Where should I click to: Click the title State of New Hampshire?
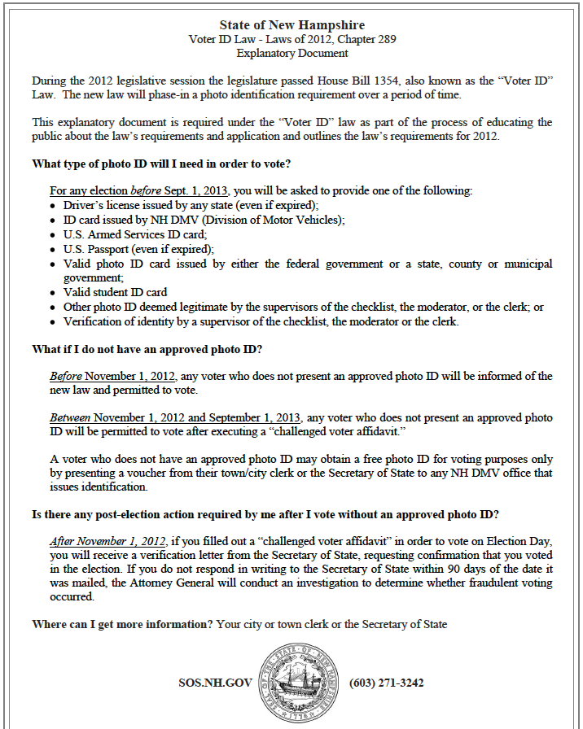tap(291, 25)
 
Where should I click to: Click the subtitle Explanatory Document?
tap(291, 53)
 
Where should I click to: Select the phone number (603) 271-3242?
tap(386, 683)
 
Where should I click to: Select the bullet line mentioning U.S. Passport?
tap(138, 249)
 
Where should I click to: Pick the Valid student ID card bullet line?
tap(115, 292)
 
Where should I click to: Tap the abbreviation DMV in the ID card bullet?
tap(198, 220)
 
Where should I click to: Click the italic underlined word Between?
tap(70, 417)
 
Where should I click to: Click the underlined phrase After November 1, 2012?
tap(108, 540)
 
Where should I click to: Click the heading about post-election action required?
tap(265, 514)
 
